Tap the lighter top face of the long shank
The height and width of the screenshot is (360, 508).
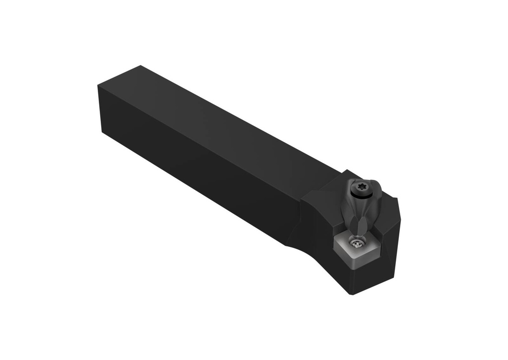[223, 124]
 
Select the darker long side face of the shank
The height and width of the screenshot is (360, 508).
[198, 169]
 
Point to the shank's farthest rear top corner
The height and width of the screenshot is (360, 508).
[141, 65]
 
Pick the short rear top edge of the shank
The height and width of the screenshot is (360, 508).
[119, 76]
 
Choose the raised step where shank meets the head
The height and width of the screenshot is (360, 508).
[317, 188]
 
